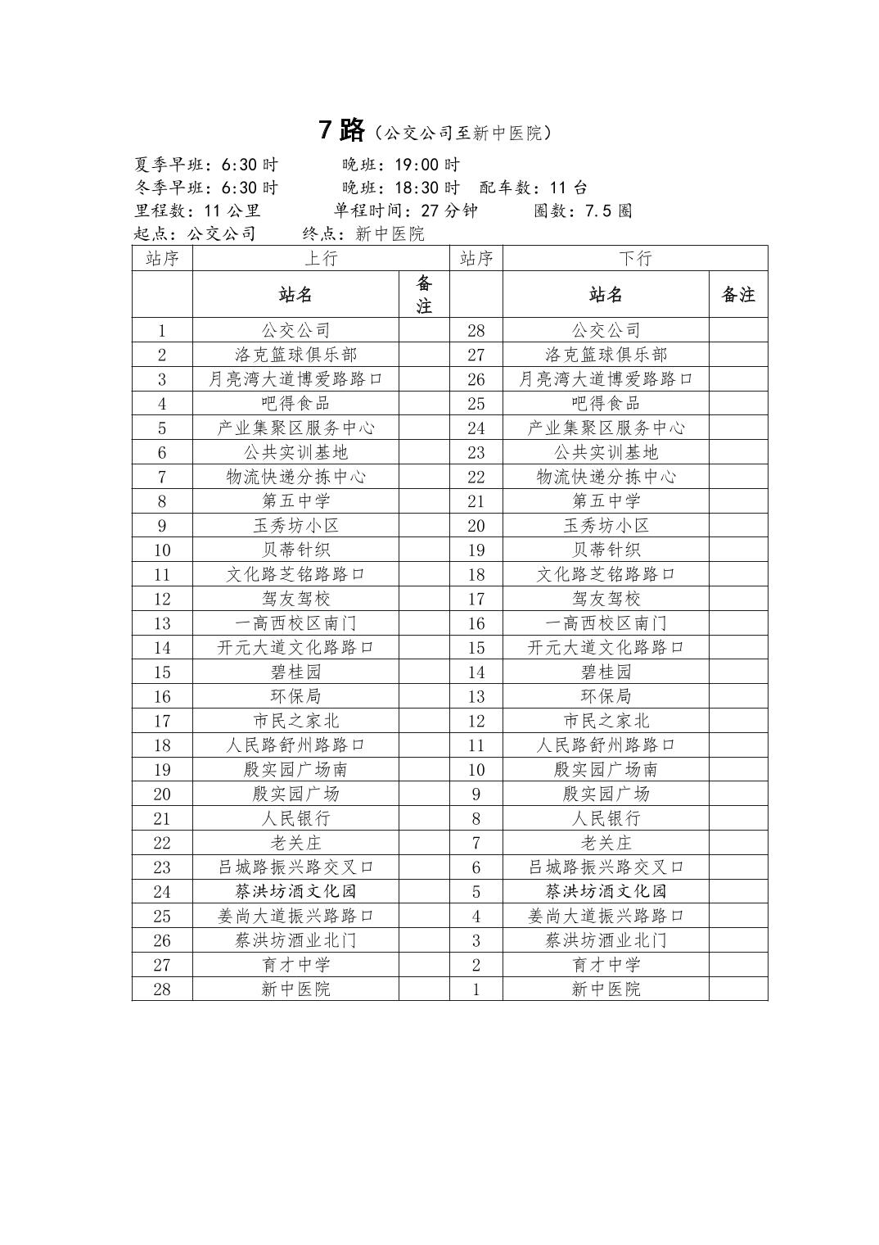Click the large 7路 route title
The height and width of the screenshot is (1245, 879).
(x=342, y=130)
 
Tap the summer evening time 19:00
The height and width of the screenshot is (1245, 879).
(x=427, y=165)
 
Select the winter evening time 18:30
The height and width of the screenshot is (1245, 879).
(x=427, y=188)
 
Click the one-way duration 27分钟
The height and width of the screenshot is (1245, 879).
(x=449, y=211)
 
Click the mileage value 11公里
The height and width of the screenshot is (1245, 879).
(x=232, y=211)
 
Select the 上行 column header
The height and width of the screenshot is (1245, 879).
(x=321, y=258)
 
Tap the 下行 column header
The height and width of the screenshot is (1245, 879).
(x=635, y=258)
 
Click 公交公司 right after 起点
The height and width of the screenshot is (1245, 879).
(x=222, y=233)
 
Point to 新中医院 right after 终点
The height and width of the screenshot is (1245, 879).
(x=390, y=233)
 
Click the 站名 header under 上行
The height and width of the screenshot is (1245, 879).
(x=295, y=295)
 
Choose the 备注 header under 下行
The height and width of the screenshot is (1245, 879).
(x=738, y=295)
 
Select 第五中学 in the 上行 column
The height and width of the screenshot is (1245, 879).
(x=295, y=501)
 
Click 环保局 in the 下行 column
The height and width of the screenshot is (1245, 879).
(x=606, y=696)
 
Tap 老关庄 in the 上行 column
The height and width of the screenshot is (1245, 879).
(x=295, y=843)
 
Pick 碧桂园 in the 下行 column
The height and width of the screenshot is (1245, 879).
(x=606, y=672)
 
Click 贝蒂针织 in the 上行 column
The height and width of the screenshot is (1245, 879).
(x=295, y=550)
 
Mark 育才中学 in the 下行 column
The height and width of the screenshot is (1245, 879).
(x=606, y=965)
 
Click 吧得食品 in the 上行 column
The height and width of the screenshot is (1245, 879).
(x=295, y=403)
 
